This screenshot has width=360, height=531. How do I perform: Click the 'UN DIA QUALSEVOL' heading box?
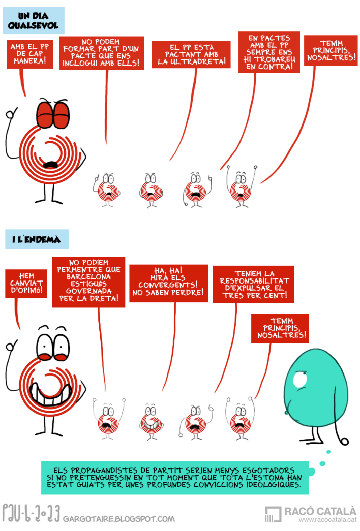pos(34,20)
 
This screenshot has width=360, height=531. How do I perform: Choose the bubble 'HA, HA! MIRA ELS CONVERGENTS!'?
pos(168,284)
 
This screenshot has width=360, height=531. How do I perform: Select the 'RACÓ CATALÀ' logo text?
pos(320,511)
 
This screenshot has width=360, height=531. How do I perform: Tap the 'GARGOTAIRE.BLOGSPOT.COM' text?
pos(119,519)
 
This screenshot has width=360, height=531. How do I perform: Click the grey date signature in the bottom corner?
pos(31,513)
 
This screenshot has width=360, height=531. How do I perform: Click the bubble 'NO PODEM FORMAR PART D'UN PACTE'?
pos(101,52)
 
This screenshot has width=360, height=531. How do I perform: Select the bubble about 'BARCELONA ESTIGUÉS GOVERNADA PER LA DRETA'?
pos(88,283)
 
